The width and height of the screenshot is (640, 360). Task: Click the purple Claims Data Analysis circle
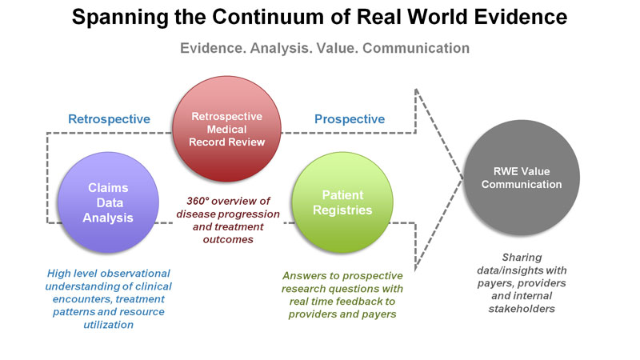click(108, 202)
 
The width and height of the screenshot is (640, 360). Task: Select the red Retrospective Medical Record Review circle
click(227, 129)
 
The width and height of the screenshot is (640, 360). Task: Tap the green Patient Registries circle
click(342, 202)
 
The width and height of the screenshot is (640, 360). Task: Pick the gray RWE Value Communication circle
click(522, 178)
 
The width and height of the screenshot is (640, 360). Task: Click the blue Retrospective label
click(109, 119)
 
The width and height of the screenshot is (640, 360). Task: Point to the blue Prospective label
click(350, 119)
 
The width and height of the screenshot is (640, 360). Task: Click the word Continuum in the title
click(281, 17)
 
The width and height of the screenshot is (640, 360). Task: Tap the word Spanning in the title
click(120, 18)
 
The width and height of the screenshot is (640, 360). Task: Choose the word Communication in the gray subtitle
click(416, 48)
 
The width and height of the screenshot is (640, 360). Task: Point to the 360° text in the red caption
click(198, 201)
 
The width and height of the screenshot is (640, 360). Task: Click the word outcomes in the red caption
click(228, 239)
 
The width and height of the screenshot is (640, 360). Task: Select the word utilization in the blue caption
click(109, 325)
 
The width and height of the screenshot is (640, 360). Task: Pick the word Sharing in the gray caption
click(522, 258)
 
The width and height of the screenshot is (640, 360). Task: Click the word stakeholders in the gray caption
click(522, 309)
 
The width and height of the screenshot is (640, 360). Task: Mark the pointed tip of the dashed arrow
click(463, 178)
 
